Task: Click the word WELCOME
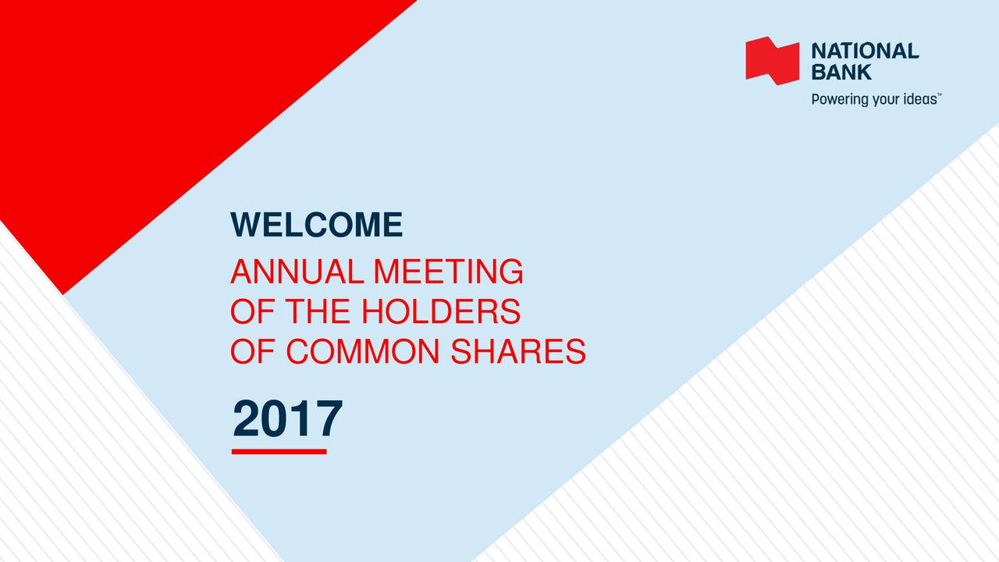pyautogui.click(x=316, y=224)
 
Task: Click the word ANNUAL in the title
pyautogui.click(x=297, y=271)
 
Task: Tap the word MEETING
pyautogui.click(x=448, y=271)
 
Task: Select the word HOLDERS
pyautogui.click(x=441, y=311)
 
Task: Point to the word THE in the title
pyautogui.click(x=318, y=311)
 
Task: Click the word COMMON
pyautogui.click(x=363, y=351)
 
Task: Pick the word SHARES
pyautogui.click(x=518, y=351)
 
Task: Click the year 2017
pyautogui.click(x=288, y=418)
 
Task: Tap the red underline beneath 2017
pyautogui.click(x=279, y=452)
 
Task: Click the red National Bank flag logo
pyautogui.click(x=772, y=61)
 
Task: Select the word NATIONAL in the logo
pyautogui.click(x=866, y=51)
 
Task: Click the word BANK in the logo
pyautogui.click(x=841, y=72)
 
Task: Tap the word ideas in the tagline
pyautogui.click(x=920, y=98)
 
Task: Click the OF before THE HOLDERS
pyautogui.click(x=252, y=311)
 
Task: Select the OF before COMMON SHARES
pyautogui.click(x=252, y=351)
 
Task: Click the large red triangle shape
pyautogui.click(x=133, y=112)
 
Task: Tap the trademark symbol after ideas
pyautogui.click(x=939, y=94)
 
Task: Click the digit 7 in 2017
pyautogui.click(x=329, y=418)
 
